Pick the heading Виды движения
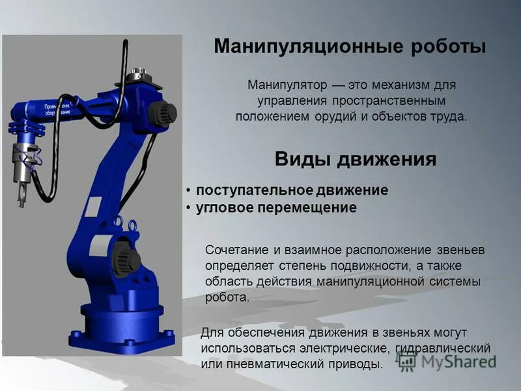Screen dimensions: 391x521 (355, 160)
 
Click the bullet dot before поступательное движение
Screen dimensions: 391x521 (188, 191)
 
